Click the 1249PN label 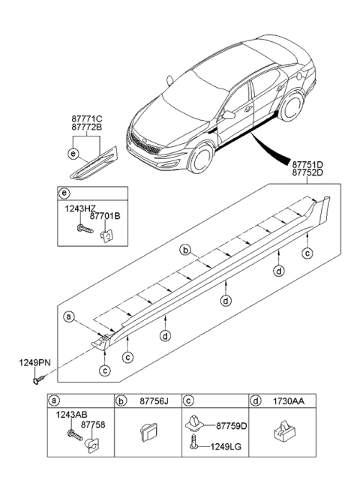point(34,363)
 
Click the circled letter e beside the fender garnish point(72,154)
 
